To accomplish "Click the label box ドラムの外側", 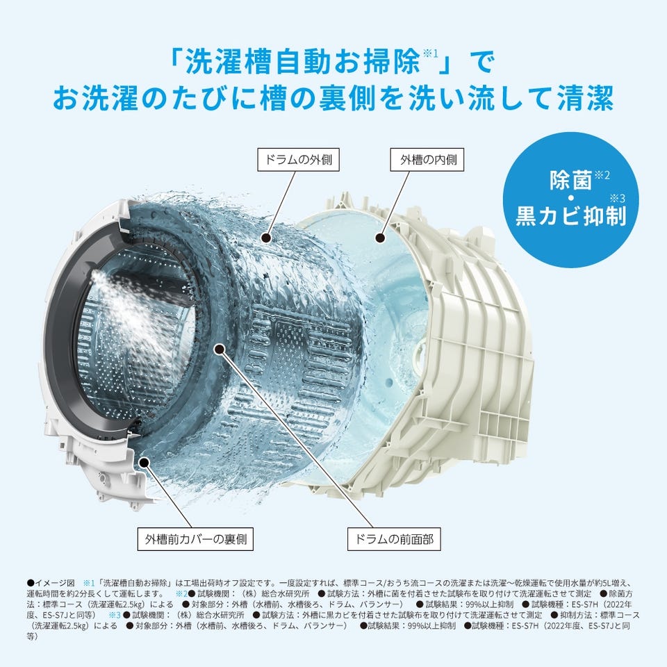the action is coord(298,160).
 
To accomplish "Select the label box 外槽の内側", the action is coord(427,160).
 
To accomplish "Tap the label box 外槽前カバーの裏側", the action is coord(195,539).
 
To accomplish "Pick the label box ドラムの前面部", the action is coord(394,539).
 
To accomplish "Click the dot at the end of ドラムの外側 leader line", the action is coord(267,238).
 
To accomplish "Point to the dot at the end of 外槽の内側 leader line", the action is coord(380,238).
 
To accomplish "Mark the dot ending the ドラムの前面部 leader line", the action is coord(220,349).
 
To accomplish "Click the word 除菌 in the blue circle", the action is coord(570,181).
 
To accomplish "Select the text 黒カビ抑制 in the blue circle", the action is coord(571,215).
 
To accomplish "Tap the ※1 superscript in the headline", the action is coord(429,54).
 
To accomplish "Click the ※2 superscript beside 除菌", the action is coord(602,174).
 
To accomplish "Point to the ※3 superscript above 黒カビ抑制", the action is coord(618,198).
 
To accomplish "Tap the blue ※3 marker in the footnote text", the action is coord(115,615).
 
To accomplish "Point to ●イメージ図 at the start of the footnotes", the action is coord(51,583).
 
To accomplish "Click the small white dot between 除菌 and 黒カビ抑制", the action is coord(570,198).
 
